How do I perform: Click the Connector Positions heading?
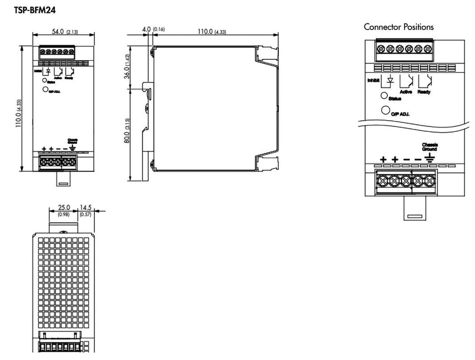398,27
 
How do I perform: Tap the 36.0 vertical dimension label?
126,67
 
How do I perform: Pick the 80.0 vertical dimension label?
126,131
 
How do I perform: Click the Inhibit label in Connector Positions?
373,80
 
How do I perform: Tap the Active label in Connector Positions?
406,92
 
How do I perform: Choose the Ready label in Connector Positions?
424,92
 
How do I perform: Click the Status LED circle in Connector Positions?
384,96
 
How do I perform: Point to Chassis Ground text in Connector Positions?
430,147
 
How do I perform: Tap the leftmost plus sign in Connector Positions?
383,160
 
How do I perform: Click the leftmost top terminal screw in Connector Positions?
381,48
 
